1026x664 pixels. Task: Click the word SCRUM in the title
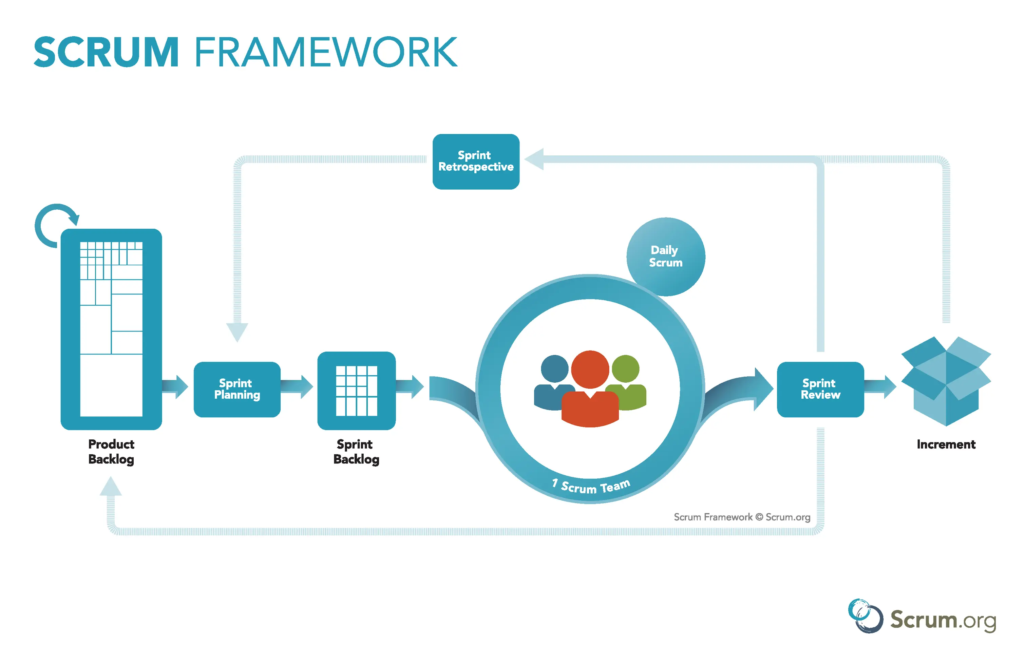pos(106,52)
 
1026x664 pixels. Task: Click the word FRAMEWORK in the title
pos(326,52)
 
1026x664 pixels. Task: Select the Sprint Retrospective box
pos(476,162)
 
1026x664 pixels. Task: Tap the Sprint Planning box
pos(237,390)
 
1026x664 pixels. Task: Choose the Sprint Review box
pos(820,390)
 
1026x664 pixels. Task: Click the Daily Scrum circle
pos(666,257)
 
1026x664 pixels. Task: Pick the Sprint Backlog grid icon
pos(357,391)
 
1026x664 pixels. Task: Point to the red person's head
pos(590,369)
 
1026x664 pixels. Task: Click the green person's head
pos(626,369)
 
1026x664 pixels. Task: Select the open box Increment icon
pos(946,382)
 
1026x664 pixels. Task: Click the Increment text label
pos(946,444)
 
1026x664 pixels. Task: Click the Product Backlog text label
pos(111,452)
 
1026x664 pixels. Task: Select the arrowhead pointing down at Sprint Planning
pos(237,332)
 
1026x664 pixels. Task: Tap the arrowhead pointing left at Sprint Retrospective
pos(535,159)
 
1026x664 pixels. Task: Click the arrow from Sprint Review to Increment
pos(879,386)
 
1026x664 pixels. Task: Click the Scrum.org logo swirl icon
pos(865,616)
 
